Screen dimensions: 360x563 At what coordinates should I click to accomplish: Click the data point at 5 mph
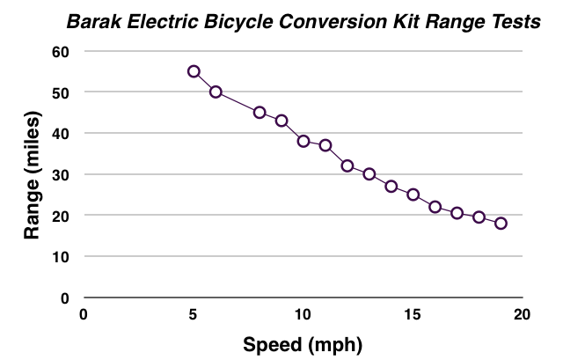click(194, 71)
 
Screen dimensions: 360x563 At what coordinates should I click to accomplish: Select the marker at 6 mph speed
click(216, 92)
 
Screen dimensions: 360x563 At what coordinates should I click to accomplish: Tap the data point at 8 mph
click(260, 113)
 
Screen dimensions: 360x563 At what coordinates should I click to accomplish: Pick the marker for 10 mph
click(303, 141)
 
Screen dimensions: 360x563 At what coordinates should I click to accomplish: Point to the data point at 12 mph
click(347, 165)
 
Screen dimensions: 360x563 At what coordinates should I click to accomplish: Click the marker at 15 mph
click(413, 195)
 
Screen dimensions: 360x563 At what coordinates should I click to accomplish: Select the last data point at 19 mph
click(501, 224)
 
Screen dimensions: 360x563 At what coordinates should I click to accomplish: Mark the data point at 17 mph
click(457, 213)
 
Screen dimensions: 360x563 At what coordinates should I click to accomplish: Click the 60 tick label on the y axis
click(60, 51)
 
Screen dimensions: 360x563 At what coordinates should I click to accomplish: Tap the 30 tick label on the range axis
click(60, 174)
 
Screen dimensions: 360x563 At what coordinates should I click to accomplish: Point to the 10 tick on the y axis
click(60, 256)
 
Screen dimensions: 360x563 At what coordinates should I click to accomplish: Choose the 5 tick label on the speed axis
click(194, 315)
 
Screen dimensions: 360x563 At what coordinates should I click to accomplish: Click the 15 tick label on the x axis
click(413, 315)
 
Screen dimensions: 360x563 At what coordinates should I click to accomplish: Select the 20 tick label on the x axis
click(523, 315)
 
